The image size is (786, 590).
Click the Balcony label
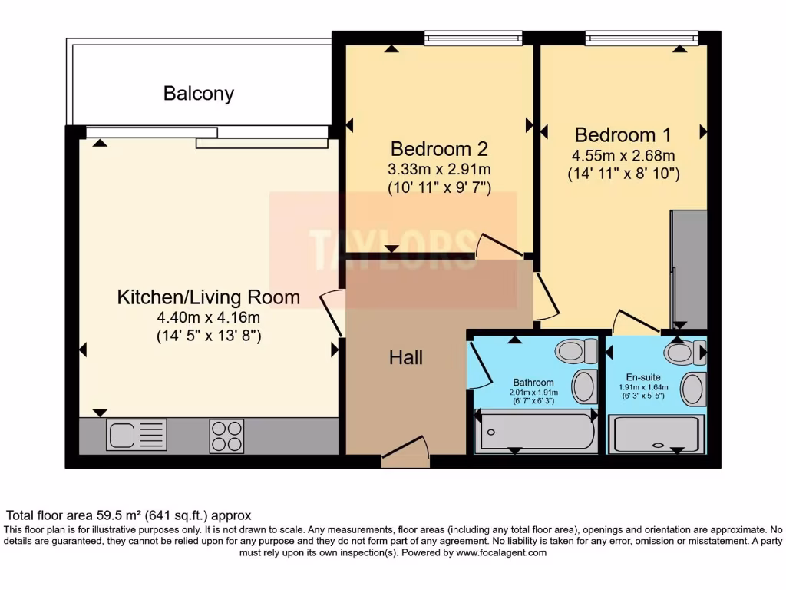tap(198, 94)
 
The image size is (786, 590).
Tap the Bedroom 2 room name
tap(439, 148)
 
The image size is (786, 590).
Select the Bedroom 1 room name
tap(623, 135)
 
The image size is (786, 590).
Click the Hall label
tap(406, 357)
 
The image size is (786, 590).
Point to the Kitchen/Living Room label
tap(208, 297)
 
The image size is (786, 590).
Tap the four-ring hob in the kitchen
tap(226, 436)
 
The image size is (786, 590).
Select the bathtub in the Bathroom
tap(537, 432)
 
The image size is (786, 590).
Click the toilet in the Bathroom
tap(576, 351)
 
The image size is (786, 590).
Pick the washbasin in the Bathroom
tap(583, 386)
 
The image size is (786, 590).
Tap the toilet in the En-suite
tap(683, 353)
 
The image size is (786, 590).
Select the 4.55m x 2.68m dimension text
tap(623, 156)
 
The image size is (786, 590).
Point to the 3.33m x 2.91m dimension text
tap(439, 169)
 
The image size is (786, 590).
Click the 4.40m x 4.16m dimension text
tap(208, 317)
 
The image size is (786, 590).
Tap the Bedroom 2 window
tap(473, 37)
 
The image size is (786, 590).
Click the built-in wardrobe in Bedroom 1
tap(689, 269)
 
